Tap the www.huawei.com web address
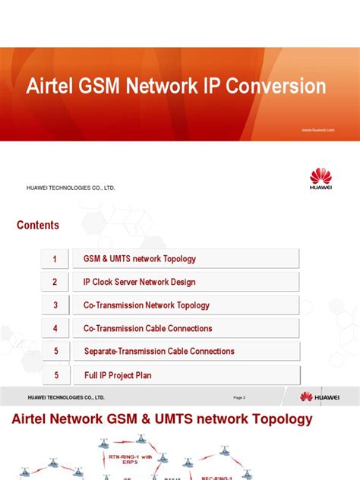pos(317,130)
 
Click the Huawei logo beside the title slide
pos(321,179)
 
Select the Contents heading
pos(38,225)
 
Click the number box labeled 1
pos(55,259)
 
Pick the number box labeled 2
pos(55,282)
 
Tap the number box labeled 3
pos(55,305)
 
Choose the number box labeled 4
pos(55,328)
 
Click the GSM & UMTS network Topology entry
pos(140,259)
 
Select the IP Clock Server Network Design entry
pos(140,282)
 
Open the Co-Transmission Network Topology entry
pos(147,305)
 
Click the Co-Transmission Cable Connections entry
pos(148,328)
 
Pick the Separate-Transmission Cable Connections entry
pos(159,351)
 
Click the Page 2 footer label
pos(239,397)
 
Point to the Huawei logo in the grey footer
pos(320,396)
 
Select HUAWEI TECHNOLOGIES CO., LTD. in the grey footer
pos(66,397)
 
